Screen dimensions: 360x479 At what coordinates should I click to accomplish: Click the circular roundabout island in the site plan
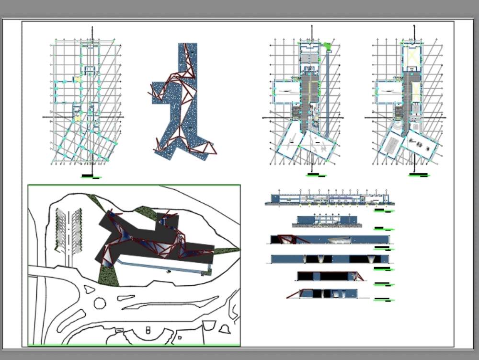(100, 303)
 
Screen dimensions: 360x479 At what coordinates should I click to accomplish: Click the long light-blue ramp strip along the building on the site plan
(163, 267)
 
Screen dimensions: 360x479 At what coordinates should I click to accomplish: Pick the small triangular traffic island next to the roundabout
(89, 290)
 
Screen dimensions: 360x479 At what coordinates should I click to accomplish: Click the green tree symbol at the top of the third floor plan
(327, 46)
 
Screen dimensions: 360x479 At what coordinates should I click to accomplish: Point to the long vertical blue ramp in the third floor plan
(328, 91)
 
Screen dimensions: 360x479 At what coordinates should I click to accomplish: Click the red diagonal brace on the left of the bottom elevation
(293, 294)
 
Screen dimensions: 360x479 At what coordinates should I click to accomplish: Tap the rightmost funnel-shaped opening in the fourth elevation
(372, 259)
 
